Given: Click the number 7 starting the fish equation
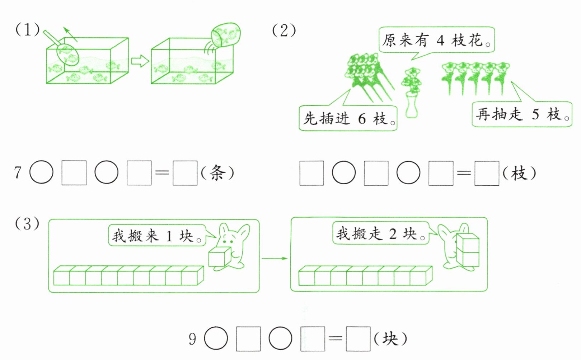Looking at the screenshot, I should click(x=18, y=173).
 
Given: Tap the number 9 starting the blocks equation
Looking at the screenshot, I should click(x=193, y=339).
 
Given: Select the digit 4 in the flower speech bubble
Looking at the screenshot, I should click(x=440, y=41).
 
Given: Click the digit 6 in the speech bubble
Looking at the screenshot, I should click(x=362, y=118).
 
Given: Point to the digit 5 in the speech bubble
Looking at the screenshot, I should click(x=535, y=114).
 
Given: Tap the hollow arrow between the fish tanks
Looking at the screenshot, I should click(x=140, y=61).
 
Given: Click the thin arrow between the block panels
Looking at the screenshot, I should click(x=275, y=258).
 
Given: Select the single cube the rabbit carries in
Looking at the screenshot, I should click(x=219, y=257).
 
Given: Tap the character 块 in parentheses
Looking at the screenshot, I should click(x=390, y=339).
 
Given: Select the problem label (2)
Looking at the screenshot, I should click(x=284, y=30).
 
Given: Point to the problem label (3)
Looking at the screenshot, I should click(x=27, y=224).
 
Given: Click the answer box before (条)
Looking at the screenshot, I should click(x=185, y=173).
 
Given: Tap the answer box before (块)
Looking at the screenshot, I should click(x=358, y=339).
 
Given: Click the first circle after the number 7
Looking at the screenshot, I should click(x=41, y=172).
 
